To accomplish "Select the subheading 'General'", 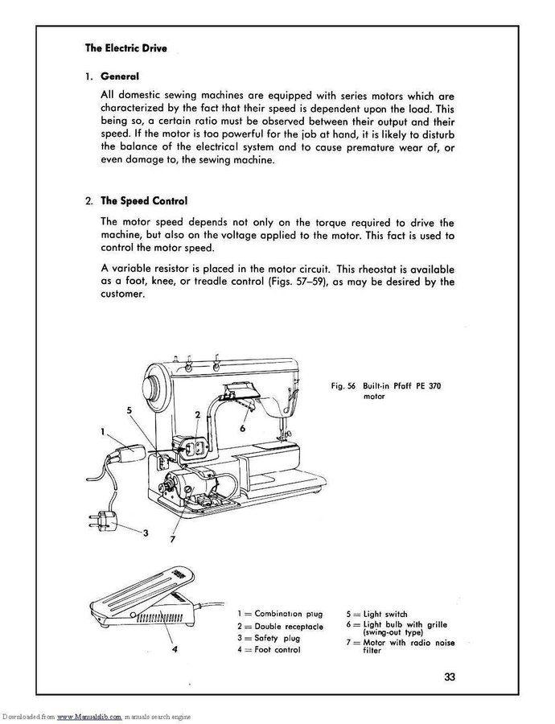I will click(x=120, y=76).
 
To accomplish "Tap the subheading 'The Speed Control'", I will click(x=144, y=200).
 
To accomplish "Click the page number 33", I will click(x=450, y=675).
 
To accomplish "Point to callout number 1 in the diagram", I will click(x=104, y=431).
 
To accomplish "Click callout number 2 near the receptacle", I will click(x=198, y=415).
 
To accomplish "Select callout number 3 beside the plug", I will click(x=146, y=533).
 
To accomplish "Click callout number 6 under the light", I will click(x=242, y=430).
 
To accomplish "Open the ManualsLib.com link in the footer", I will click(x=88, y=716).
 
